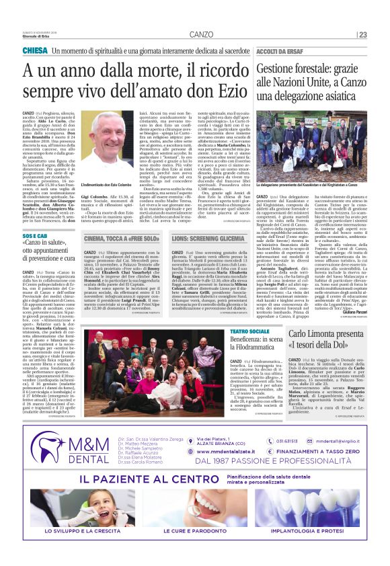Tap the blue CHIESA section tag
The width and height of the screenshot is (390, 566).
tap(35, 51)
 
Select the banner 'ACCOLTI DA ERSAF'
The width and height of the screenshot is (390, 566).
tap(284, 51)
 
